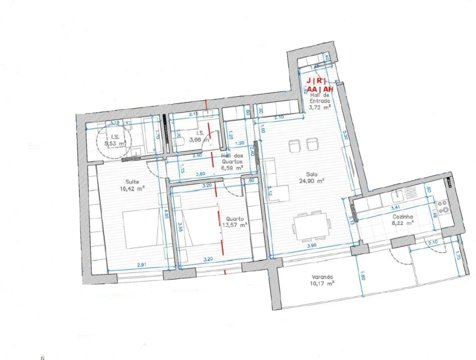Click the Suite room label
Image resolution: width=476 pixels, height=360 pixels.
click(132, 181)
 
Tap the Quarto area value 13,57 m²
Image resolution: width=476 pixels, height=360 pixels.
click(234, 225)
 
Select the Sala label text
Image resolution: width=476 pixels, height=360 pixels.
click(304, 174)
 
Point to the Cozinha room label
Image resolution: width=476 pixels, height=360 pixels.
click(402, 216)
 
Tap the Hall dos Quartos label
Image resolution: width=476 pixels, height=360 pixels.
click(232, 158)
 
